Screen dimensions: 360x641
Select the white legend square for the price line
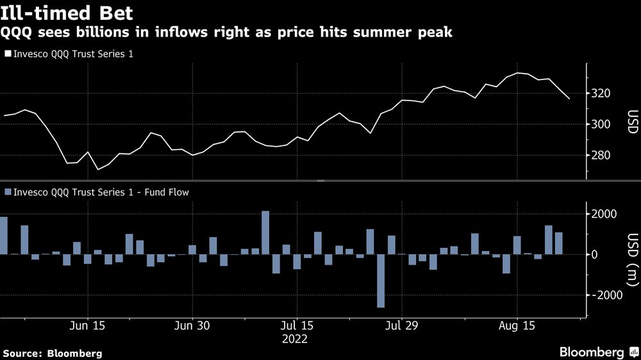[7, 54]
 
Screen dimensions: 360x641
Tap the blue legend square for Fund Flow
[7, 191]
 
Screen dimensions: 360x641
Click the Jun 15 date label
[87, 326]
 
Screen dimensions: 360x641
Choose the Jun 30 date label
[192, 326]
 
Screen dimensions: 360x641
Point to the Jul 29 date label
[401, 326]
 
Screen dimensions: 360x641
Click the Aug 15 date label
[517, 326]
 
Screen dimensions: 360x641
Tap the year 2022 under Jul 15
[295, 339]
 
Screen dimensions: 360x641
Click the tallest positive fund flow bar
[265, 233]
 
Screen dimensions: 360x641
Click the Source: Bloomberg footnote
[53, 353]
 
